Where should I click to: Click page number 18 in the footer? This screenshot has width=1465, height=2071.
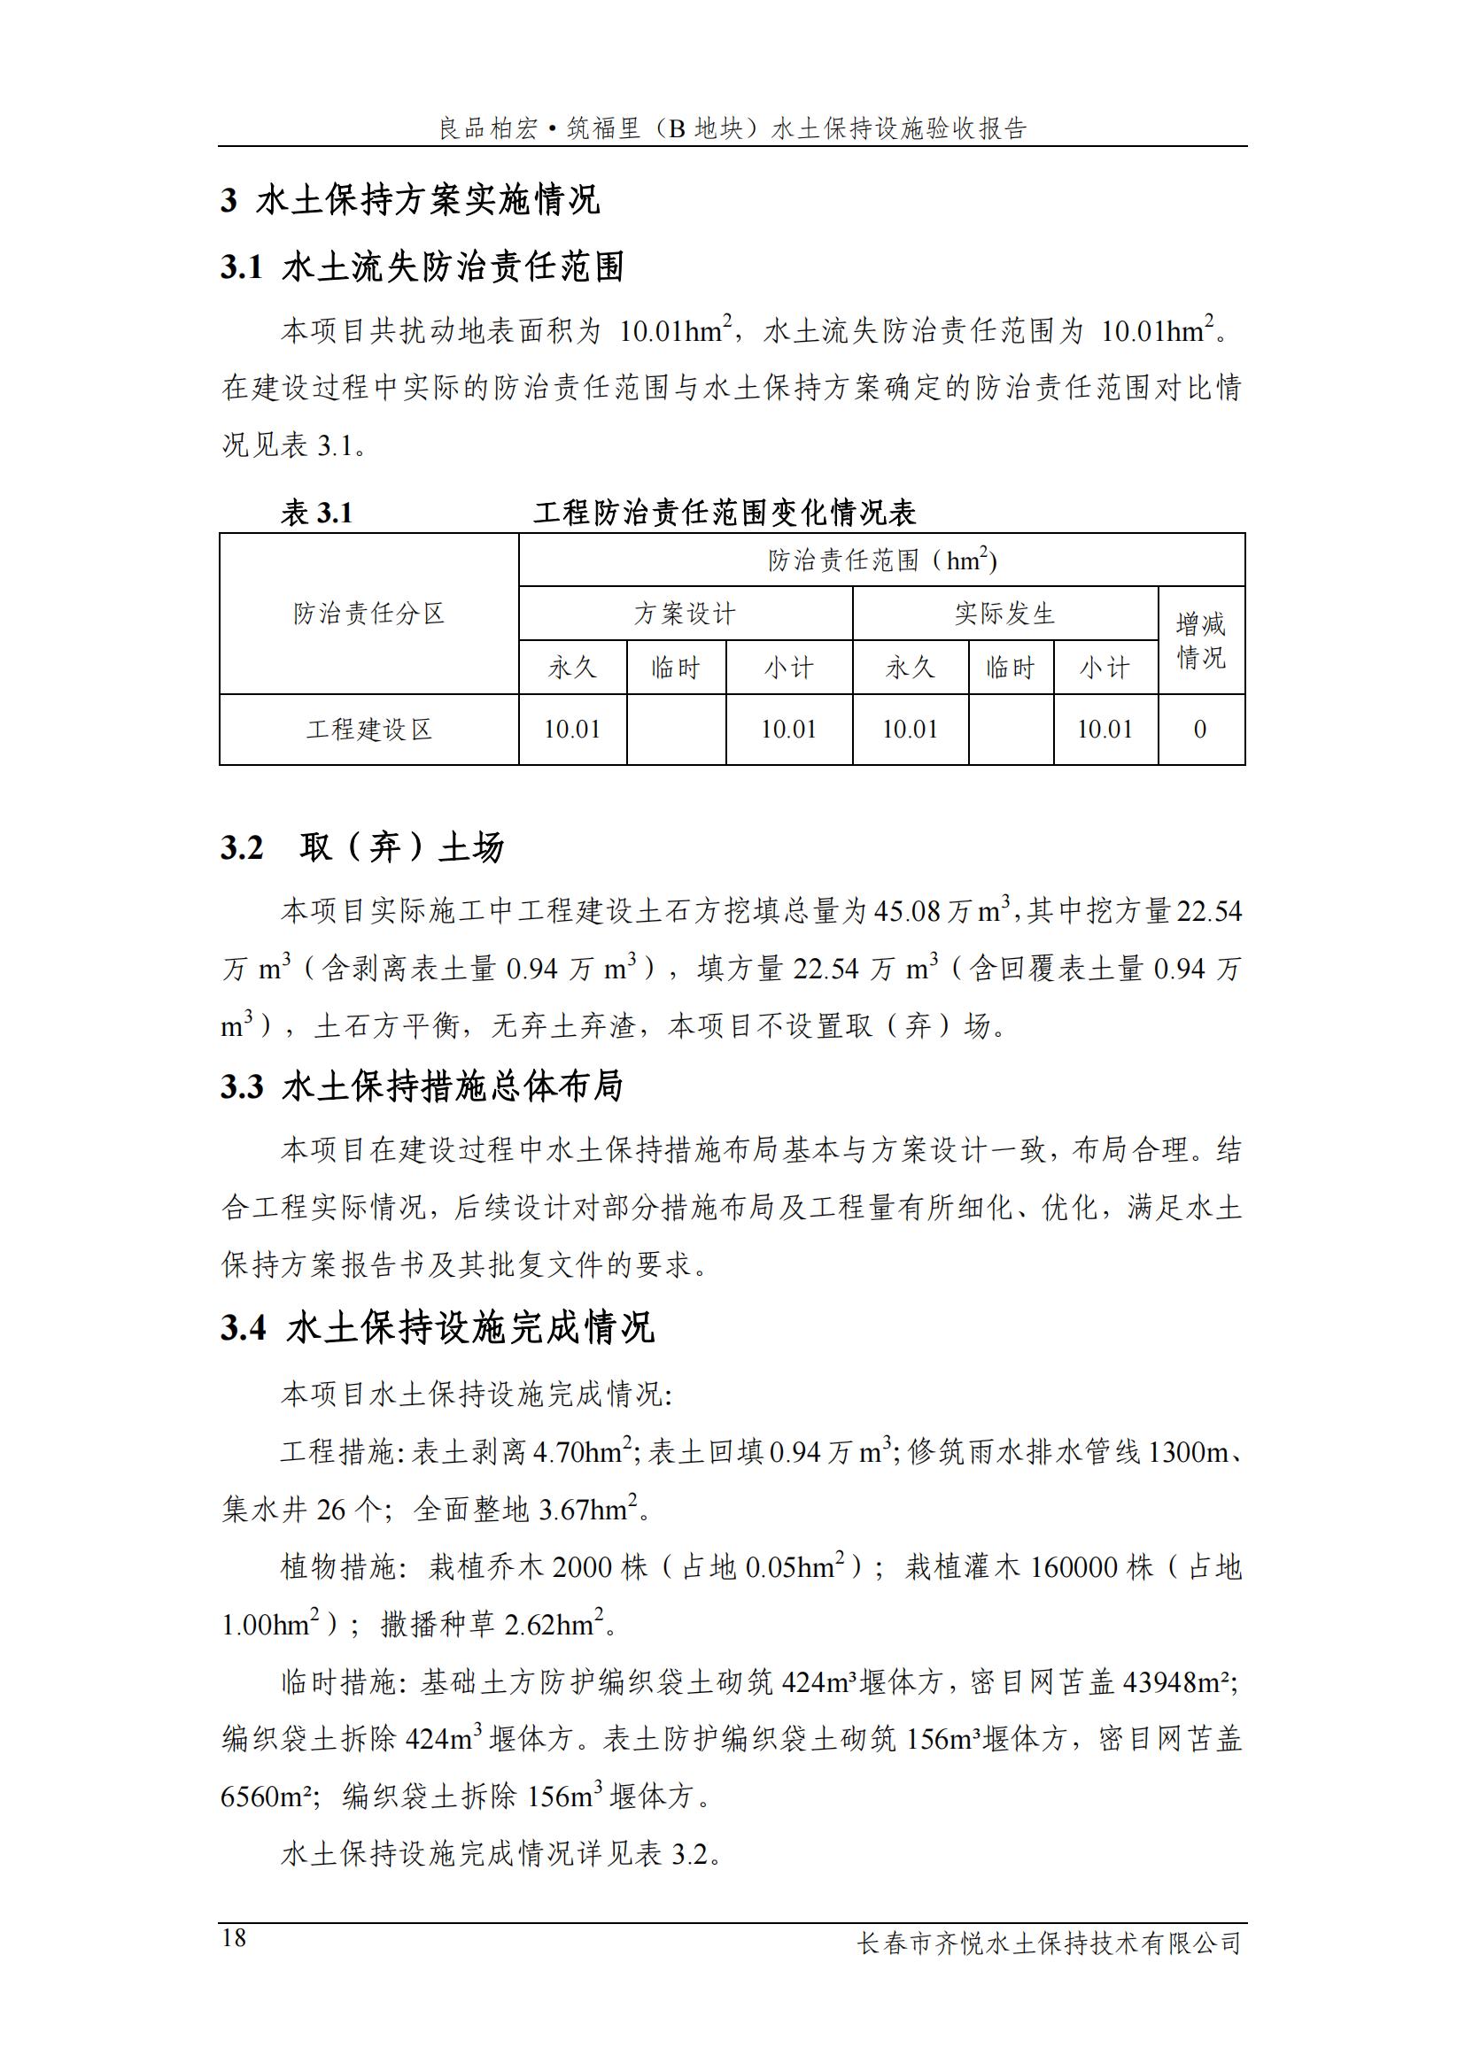pyautogui.click(x=234, y=1937)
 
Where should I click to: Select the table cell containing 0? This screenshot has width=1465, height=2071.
pyautogui.click(x=1200, y=729)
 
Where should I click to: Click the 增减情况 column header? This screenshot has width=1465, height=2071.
pyautogui.click(x=1201, y=640)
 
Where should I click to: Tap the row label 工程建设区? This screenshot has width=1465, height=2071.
pyautogui.click(x=369, y=729)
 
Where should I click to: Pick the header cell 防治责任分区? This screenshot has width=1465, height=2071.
pyautogui.click(x=369, y=614)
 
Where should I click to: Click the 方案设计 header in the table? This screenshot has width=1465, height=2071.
pyautogui.click(x=685, y=614)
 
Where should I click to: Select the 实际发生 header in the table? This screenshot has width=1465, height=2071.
pyautogui.click(x=1005, y=614)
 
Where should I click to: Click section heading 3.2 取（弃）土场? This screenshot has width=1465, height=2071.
pyautogui.click(x=361, y=847)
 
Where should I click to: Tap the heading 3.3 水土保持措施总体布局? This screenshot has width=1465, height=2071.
pyautogui.click(x=422, y=1086)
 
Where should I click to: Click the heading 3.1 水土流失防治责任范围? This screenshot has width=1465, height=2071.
pyautogui.click(x=422, y=267)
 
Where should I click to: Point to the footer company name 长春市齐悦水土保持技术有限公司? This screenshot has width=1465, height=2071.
pyautogui.click(x=1049, y=1943)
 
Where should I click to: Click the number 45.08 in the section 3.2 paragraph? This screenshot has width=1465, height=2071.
pyautogui.click(x=907, y=912)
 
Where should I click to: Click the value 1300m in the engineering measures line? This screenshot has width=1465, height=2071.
pyautogui.click(x=1188, y=1451)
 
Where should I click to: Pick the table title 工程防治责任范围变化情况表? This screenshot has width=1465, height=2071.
pyautogui.click(x=725, y=514)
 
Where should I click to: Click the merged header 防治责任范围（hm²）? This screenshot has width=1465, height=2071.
pyautogui.click(x=881, y=560)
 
